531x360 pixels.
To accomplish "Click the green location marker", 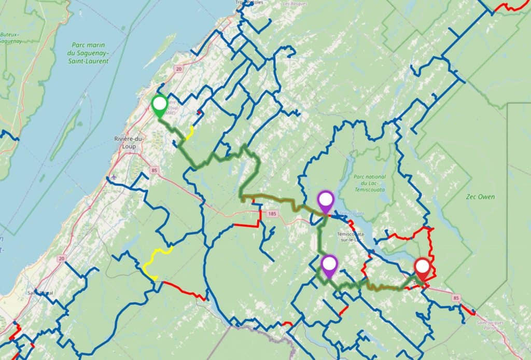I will [x=159, y=105].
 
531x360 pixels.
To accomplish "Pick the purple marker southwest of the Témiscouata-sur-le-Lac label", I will [x=329, y=266].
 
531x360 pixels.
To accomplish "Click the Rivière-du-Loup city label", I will [x=129, y=142].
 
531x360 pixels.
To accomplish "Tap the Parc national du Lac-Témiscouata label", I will [x=370, y=183].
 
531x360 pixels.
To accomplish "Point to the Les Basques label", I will [x=294, y=4].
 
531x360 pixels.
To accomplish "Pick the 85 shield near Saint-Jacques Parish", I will [x=456, y=298].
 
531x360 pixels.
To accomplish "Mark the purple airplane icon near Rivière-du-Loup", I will [x=114, y=178].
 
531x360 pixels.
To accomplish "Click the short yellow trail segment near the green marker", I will [x=190, y=133].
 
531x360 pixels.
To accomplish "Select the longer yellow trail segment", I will [x=154, y=259].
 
